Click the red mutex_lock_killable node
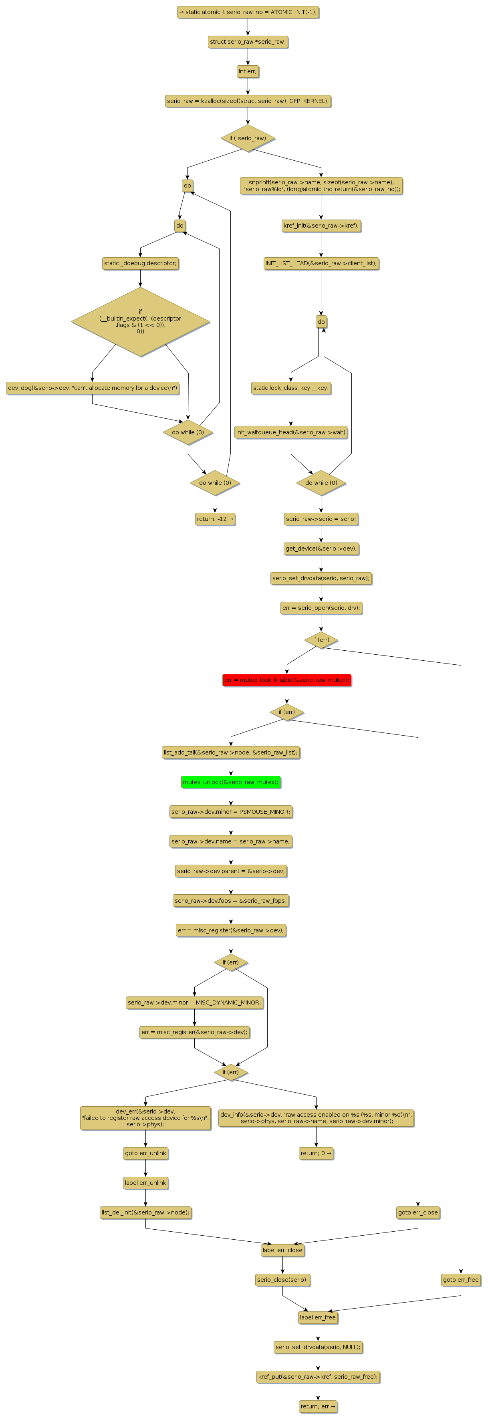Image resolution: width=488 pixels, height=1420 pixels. click(286, 680)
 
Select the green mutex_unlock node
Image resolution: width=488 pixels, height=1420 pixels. click(230, 782)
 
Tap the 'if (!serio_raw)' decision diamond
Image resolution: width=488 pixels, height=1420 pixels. click(248, 138)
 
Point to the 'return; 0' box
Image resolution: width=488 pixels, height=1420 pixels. click(316, 1153)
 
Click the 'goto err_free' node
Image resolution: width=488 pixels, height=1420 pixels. click(460, 1279)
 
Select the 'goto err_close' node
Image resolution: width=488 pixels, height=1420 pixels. click(418, 1212)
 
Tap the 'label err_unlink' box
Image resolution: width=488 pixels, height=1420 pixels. click(145, 1182)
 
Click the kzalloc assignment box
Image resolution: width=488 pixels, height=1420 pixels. click(248, 101)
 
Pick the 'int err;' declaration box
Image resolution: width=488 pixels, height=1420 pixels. click(248, 71)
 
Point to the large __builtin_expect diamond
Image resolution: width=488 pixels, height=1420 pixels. click(140, 321)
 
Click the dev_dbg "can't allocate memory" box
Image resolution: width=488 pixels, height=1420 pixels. click(93, 387)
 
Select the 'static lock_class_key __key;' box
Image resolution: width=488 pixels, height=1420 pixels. click(290, 387)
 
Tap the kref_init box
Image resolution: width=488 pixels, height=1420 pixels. click(321, 226)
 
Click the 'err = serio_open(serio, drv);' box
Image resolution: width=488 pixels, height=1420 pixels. click(321, 607)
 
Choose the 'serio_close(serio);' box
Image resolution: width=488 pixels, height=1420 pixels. click(282, 1279)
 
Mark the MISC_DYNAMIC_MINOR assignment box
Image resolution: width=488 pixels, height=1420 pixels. click(194, 1002)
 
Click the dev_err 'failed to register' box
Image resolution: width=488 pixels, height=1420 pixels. click(145, 1117)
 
